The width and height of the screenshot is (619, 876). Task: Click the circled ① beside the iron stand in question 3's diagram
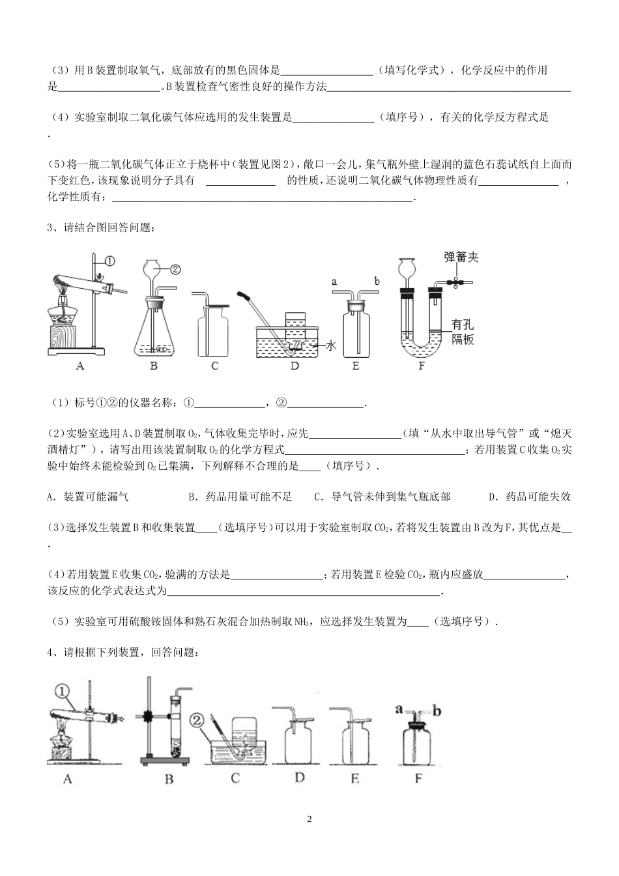click(x=109, y=261)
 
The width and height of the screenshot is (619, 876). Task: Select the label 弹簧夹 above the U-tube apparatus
click(x=461, y=256)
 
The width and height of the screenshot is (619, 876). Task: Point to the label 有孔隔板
click(x=463, y=331)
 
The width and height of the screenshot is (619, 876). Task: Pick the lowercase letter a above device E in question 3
click(x=334, y=282)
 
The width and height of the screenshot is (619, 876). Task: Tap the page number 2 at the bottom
click(x=309, y=819)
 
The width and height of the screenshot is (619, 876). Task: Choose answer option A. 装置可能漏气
click(x=88, y=497)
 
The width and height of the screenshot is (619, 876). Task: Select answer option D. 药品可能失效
click(x=529, y=497)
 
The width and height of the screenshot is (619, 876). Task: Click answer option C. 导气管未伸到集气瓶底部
click(x=382, y=497)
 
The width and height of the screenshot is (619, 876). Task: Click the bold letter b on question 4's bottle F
click(x=437, y=710)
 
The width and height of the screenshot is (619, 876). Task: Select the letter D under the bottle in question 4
click(x=299, y=777)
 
